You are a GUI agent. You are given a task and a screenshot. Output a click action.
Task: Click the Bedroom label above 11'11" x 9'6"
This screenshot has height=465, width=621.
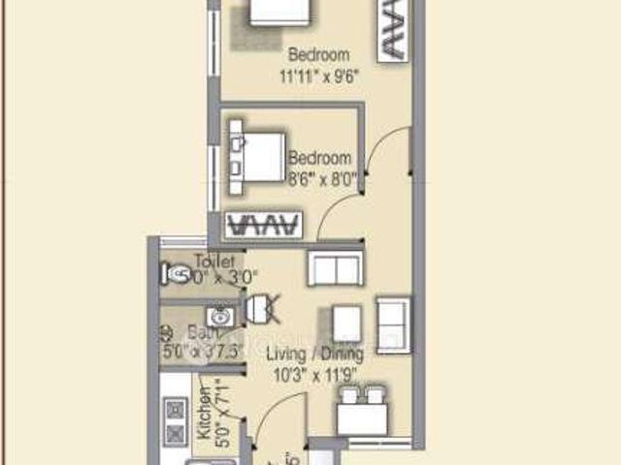click(x=318, y=55)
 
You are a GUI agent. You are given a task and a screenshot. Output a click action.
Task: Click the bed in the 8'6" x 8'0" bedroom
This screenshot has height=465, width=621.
click(x=259, y=157)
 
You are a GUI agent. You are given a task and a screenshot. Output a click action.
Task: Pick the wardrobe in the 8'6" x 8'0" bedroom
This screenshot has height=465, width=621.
click(x=260, y=225)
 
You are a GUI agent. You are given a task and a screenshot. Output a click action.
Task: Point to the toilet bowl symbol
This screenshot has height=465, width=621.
click(x=178, y=275)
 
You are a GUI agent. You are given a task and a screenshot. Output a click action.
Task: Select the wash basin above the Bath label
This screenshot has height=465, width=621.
click(x=219, y=317)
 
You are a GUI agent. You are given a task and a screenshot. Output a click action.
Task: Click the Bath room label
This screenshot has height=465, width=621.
click(x=203, y=333)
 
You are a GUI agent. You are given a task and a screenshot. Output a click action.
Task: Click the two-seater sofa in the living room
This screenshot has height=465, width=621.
click(x=336, y=267)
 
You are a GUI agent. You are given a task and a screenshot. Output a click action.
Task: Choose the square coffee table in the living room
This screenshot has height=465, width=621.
click(x=346, y=324)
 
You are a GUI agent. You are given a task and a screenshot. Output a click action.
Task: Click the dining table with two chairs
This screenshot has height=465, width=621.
click(x=361, y=412)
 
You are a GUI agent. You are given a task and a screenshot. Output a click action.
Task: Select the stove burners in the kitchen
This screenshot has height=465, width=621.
click(x=176, y=420)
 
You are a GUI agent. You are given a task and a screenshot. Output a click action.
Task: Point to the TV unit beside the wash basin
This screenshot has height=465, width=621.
click(x=262, y=310)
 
